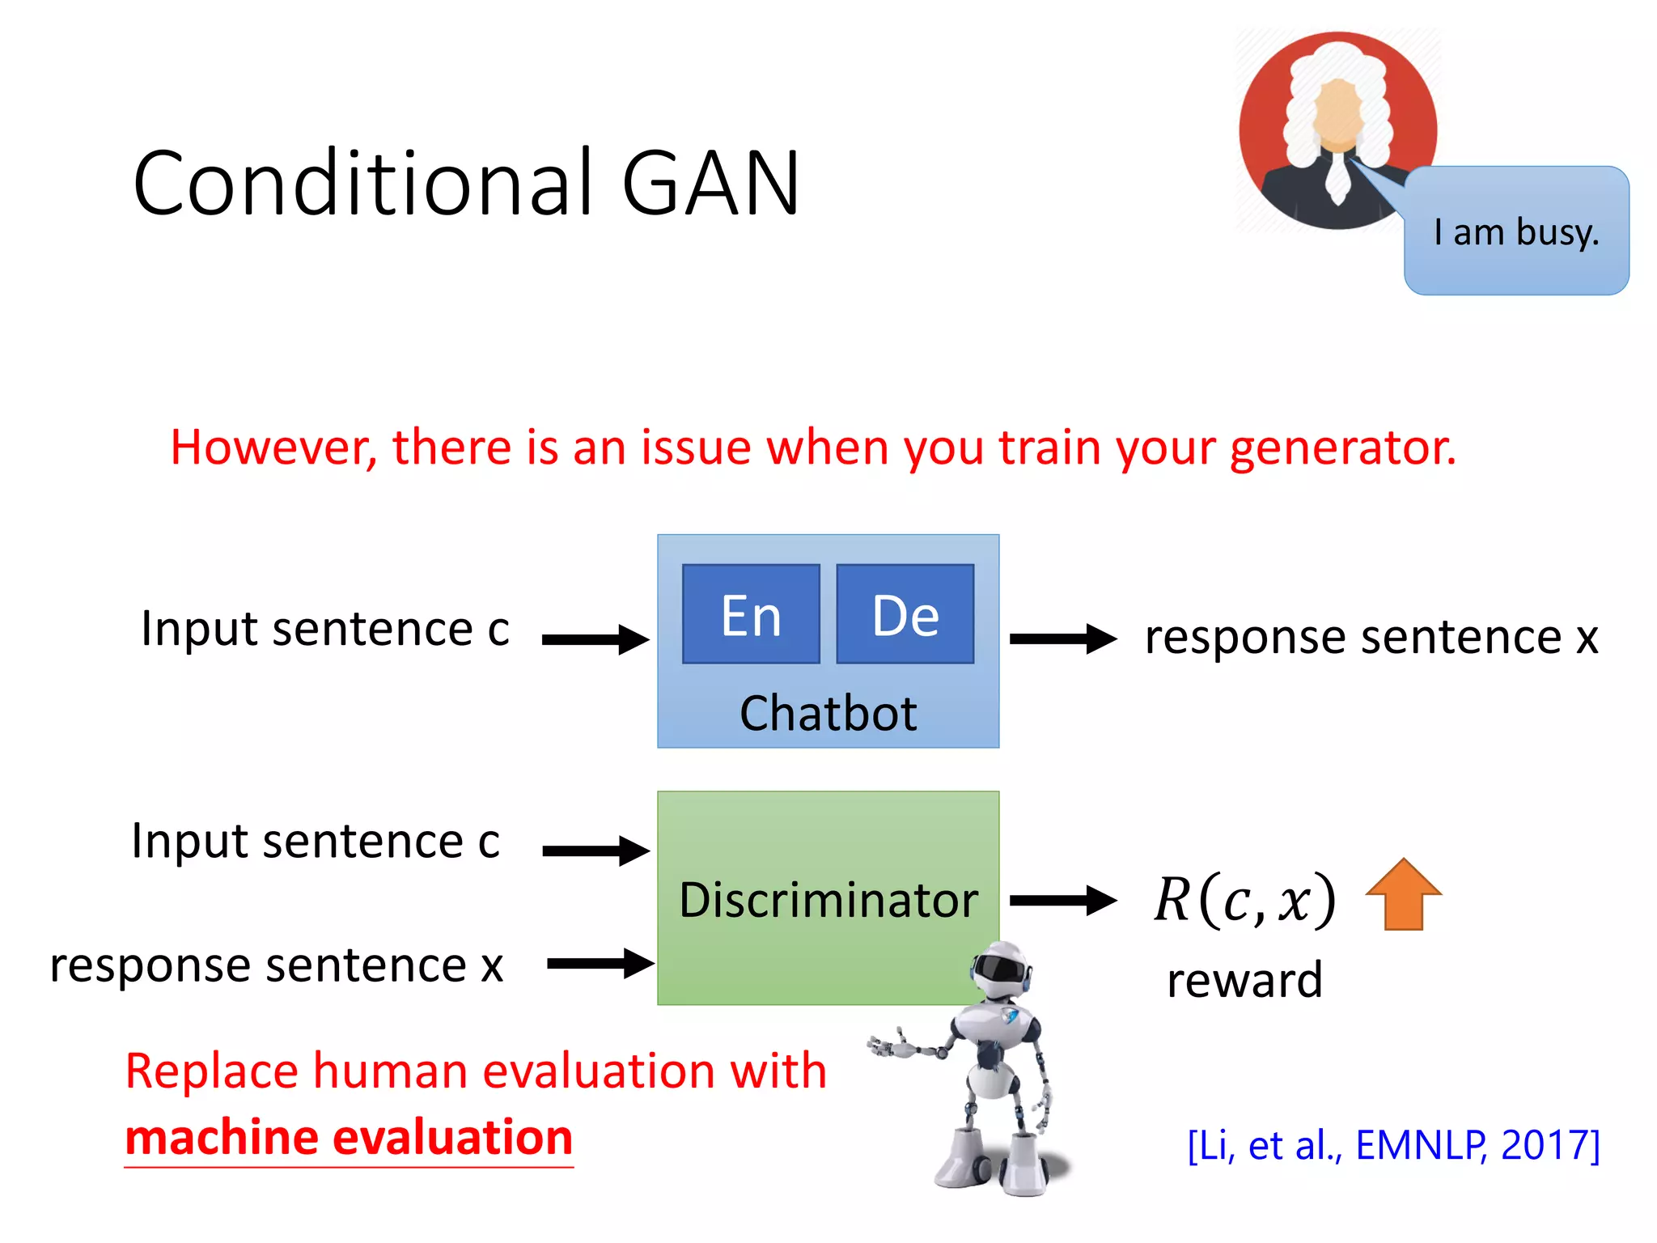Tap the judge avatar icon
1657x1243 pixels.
pyautogui.click(x=1337, y=129)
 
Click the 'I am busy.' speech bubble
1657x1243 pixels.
pyautogui.click(x=1516, y=232)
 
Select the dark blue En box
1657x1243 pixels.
pyautogui.click(x=751, y=614)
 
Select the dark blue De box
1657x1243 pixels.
pyautogui.click(x=905, y=614)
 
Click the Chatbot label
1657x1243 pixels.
pyautogui.click(x=828, y=713)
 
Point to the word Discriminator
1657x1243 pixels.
pyautogui.click(x=828, y=900)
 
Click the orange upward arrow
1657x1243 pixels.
pyautogui.click(x=1403, y=894)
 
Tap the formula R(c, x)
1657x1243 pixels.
pyautogui.click(x=1244, y=900)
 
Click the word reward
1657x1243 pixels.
pyautogui.click(x=1244, y=980)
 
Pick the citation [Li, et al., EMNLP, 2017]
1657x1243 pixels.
pyautogui.click(x=1393, y=1145)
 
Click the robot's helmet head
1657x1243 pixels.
pyautogui.click(x=1001, y=968)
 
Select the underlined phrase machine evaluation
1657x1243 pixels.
pyautogui.click(x=349, y=1138)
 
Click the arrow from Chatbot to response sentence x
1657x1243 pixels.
pyautogui.click(x=1062, y=638)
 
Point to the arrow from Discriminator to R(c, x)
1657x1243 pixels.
pyautogui.click(x=1062, y=900)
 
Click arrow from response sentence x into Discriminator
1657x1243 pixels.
pyautogui.click(x=600, y=963)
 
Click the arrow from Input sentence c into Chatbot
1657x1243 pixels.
pyautogui.click(x=595, y=639)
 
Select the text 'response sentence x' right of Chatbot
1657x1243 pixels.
pyautogui.click(x=1371, y=637)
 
